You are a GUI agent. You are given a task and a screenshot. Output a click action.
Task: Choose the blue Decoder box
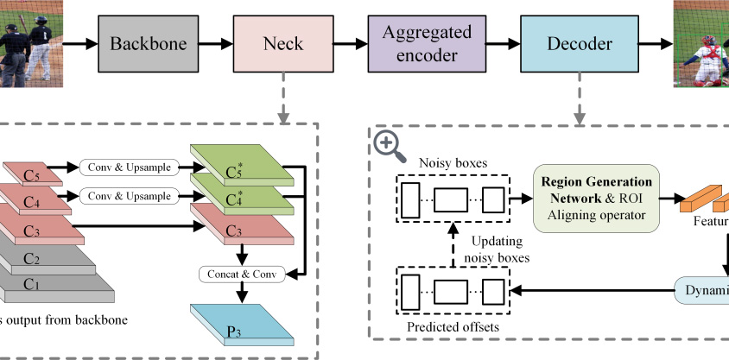click(580, 42)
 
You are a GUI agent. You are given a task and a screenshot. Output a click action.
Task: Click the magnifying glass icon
click(390, 147)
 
